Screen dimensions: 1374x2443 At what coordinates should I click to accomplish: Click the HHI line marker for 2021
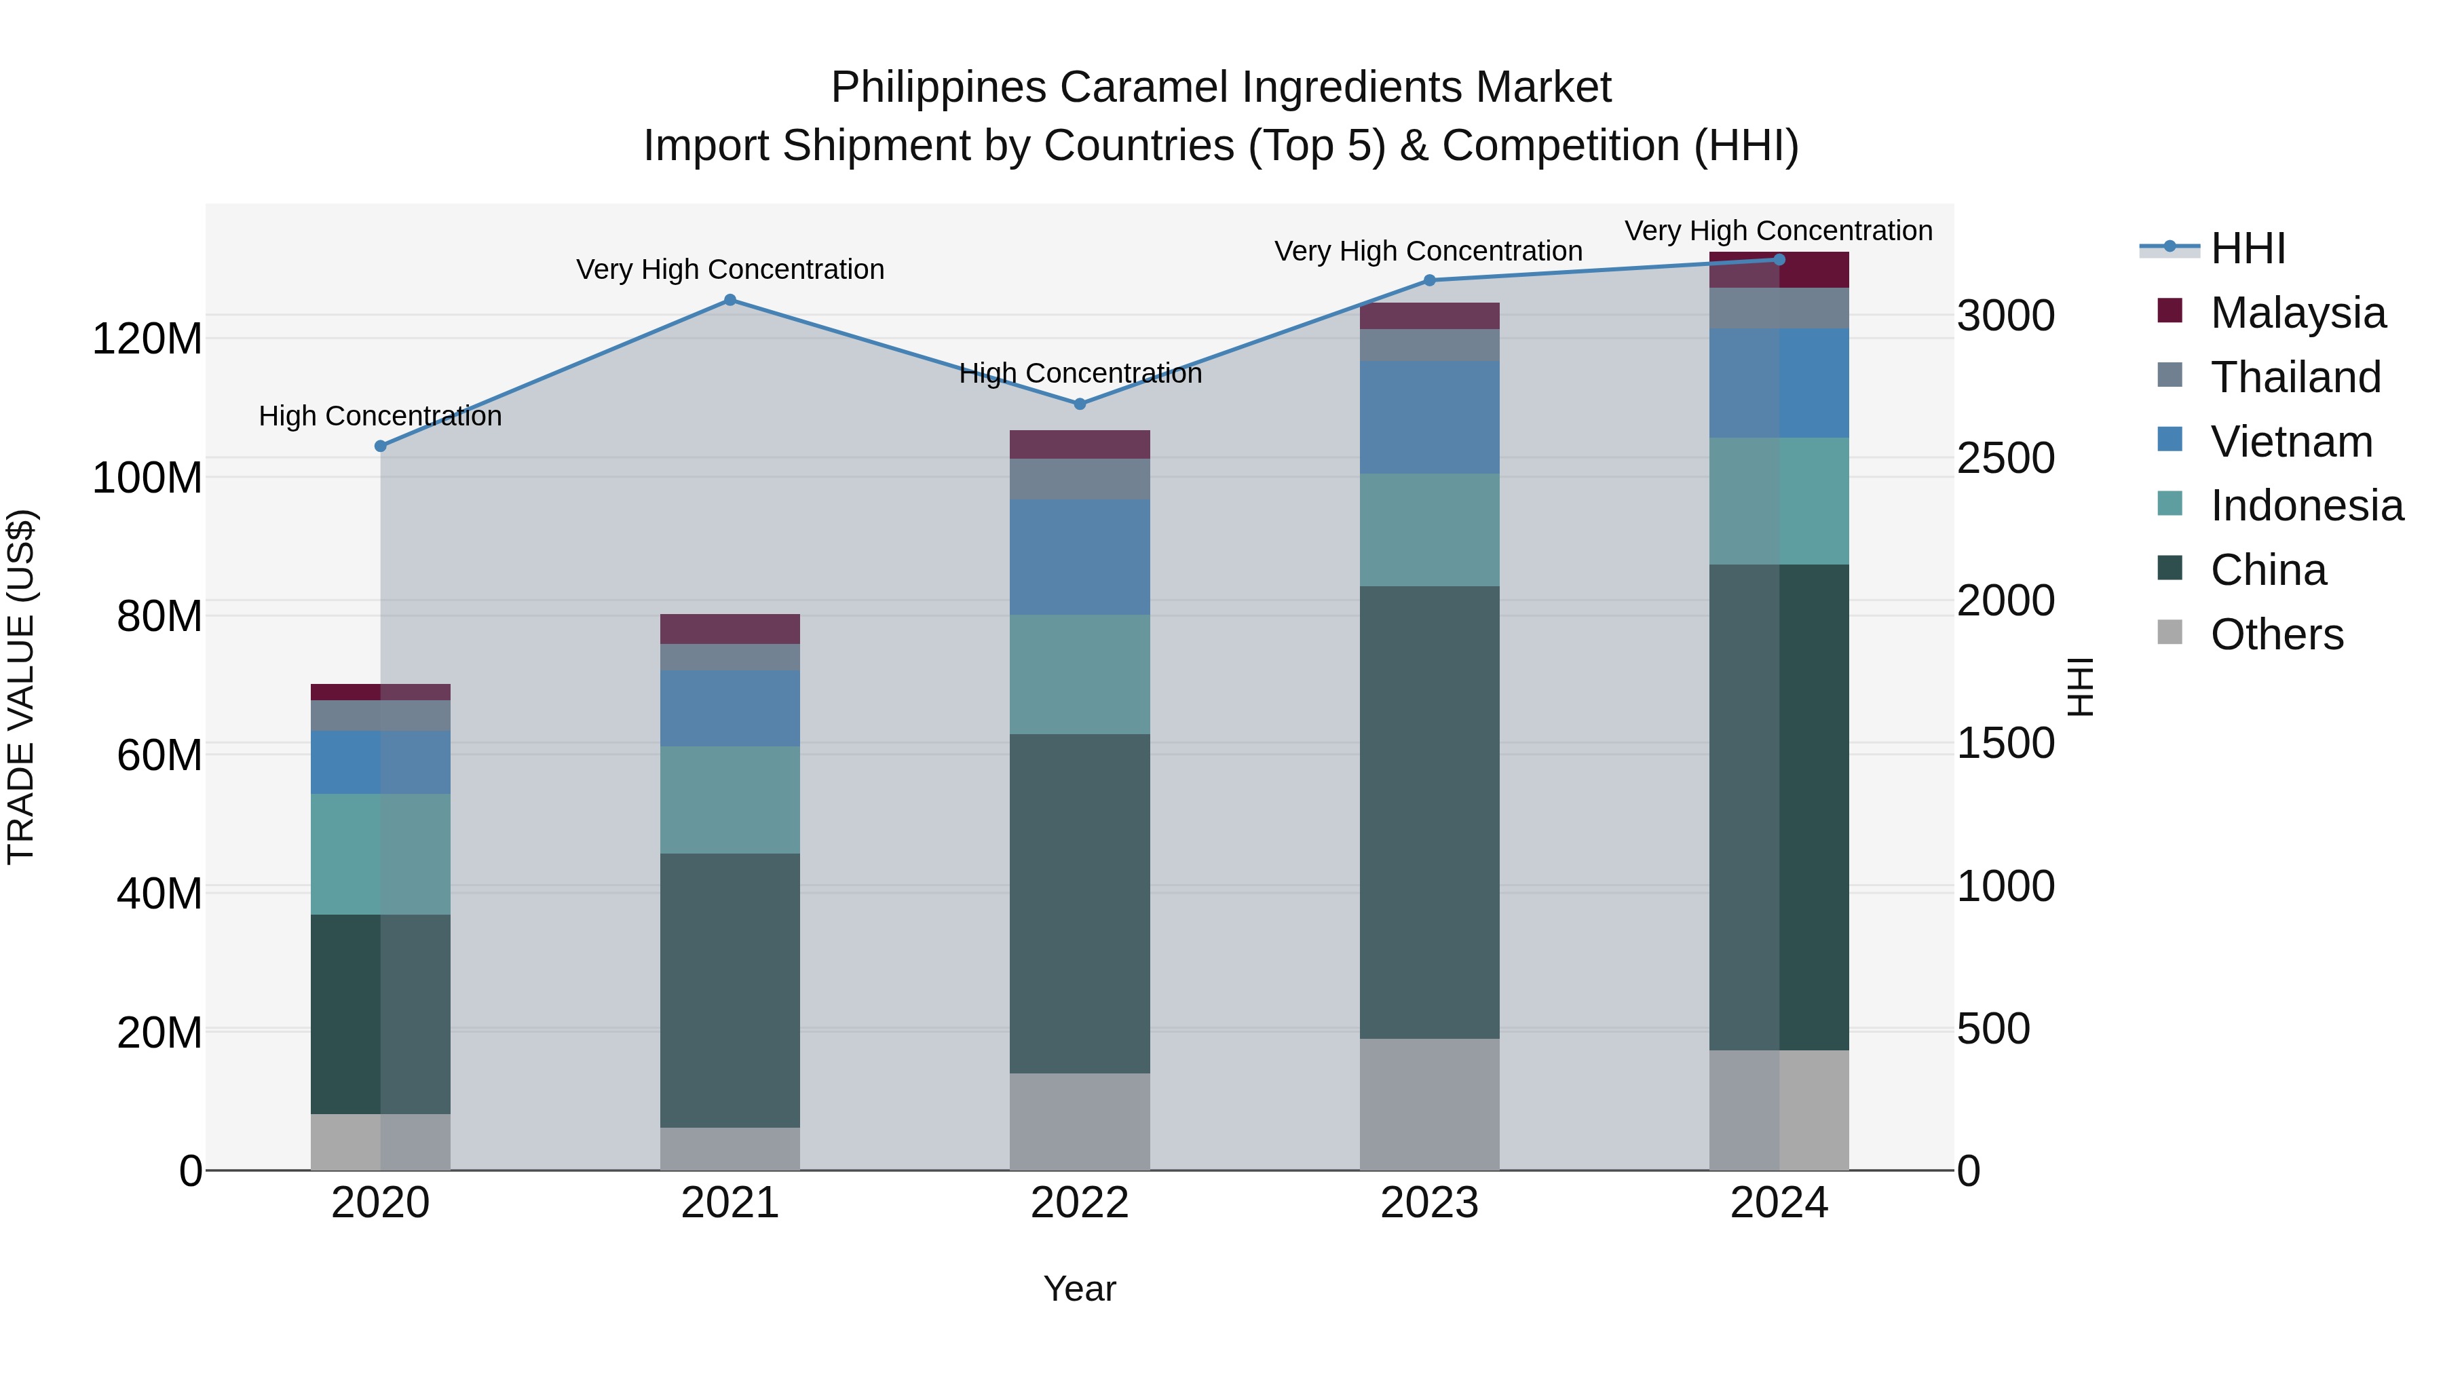[730, 300]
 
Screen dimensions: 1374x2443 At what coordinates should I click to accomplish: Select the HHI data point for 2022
[1079, 404]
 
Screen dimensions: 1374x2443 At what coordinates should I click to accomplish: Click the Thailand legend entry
[2295, 377]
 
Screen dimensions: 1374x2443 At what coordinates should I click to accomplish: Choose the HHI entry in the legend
[2248, 248]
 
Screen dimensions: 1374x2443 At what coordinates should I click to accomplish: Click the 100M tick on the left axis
[147, 477]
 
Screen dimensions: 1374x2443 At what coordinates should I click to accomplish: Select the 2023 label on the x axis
[1429, 1203]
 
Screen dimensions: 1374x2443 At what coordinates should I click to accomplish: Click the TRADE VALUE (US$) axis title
[21, 687]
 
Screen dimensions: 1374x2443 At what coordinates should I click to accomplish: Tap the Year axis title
[1079, 1289]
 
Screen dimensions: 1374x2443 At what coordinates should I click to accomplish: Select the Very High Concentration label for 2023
[1428, 251]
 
